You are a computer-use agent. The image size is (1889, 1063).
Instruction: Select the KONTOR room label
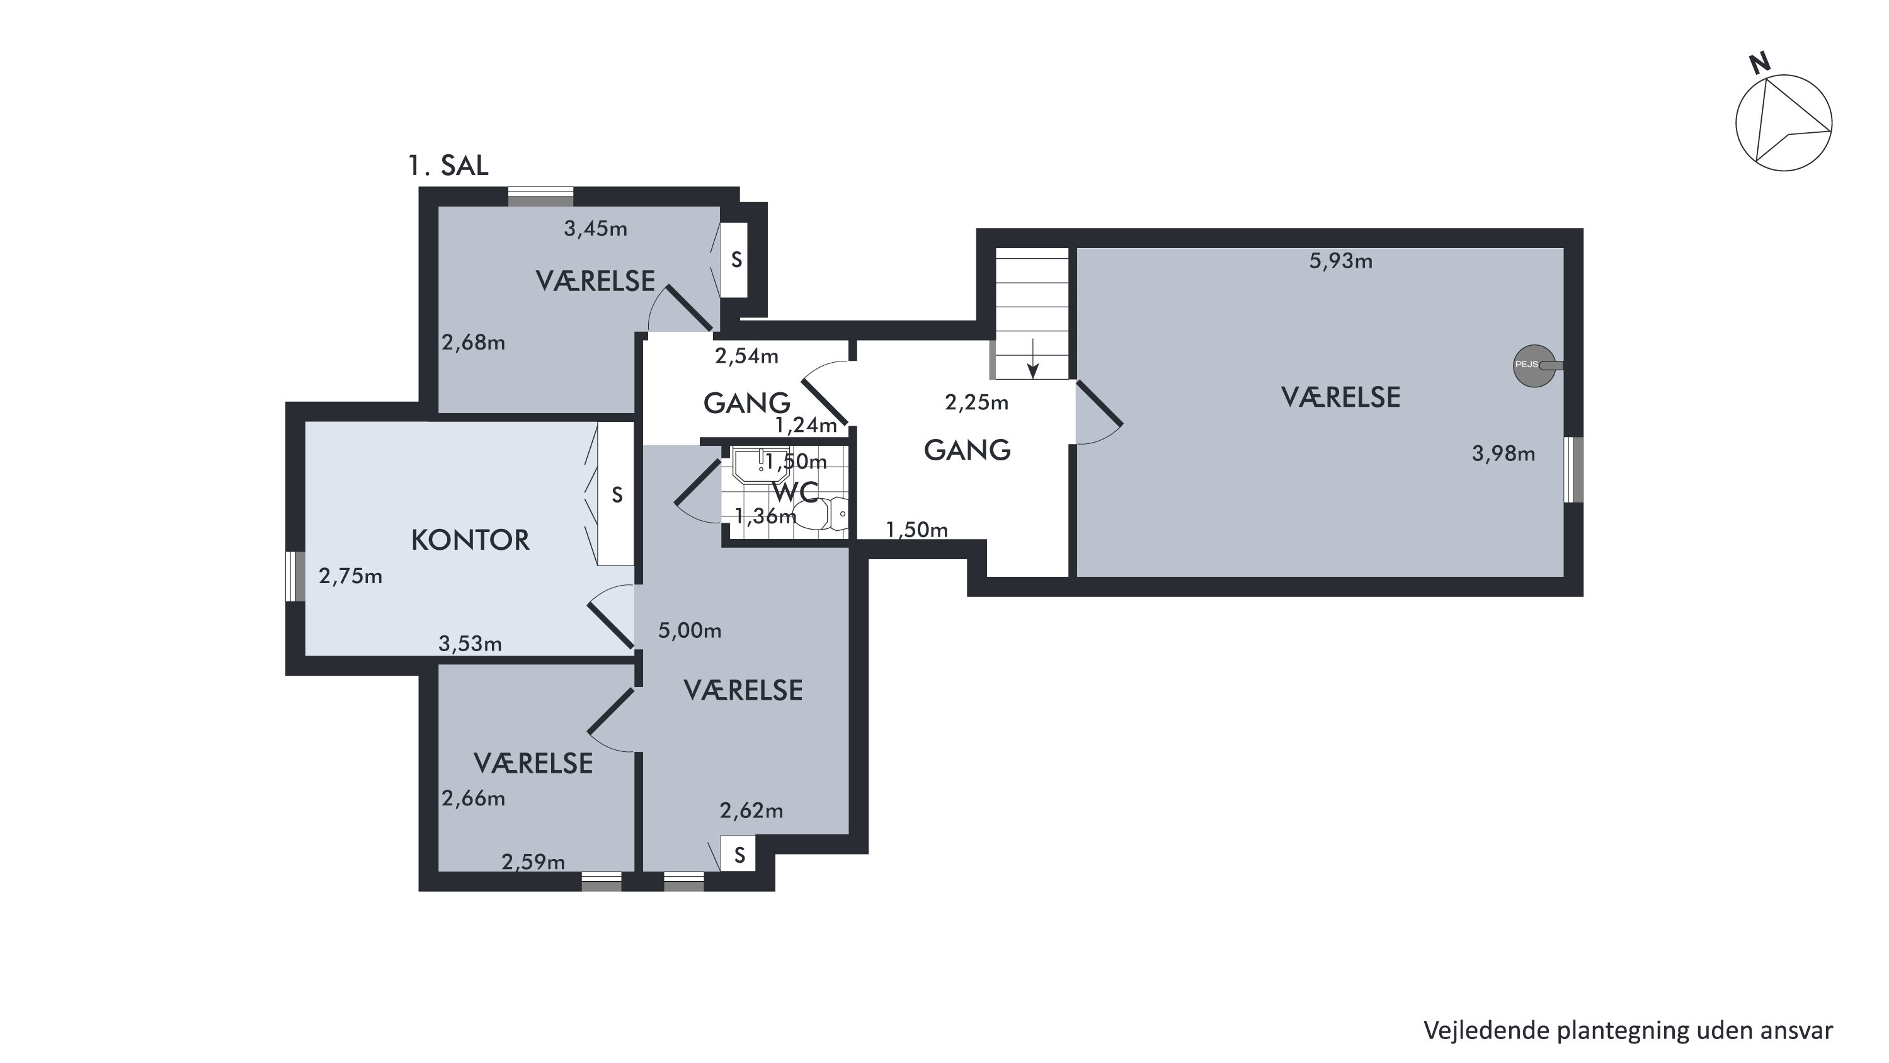470,540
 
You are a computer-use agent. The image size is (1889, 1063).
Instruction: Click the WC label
796,492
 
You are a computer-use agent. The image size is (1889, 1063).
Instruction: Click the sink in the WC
761,464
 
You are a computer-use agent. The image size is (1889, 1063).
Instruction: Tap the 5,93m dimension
1340,261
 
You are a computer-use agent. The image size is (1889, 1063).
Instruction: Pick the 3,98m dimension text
1504,454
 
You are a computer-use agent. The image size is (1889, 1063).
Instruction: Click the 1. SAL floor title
448,166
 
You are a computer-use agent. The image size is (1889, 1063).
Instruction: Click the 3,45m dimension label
595,229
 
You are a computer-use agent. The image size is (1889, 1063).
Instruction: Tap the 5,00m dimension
689,630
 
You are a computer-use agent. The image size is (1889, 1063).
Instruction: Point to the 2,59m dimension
533,862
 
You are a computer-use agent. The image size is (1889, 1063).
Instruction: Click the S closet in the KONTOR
616,494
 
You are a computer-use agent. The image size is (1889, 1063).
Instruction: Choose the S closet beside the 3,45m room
735,259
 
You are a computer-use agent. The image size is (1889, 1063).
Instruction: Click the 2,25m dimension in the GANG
977,402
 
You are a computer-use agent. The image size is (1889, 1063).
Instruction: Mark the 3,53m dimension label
470,644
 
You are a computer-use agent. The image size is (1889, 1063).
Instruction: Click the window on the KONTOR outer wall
295,576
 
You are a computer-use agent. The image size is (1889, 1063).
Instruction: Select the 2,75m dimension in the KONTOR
350,576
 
